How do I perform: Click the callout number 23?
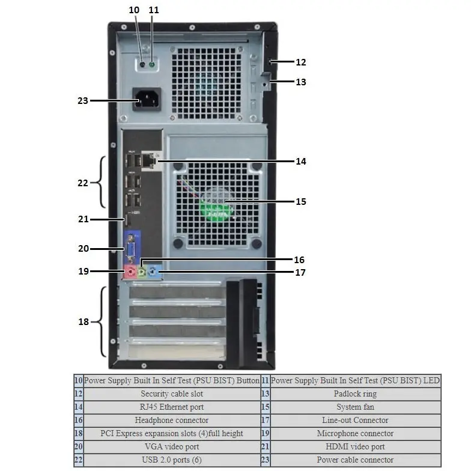click(x=83, y=100)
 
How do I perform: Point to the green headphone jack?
click(x=142, y=272)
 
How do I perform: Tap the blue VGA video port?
click(x=130, y=248)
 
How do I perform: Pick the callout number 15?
click(x=300, y=201)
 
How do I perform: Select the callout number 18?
click(x=83, y=321)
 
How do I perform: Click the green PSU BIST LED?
click(x=153, y=63)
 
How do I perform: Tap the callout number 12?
click(x=300, y=61)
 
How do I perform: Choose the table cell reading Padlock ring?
click(x=355, y=394)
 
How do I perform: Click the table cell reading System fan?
click(x=355, y=407)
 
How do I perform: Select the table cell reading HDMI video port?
click(x=355, y=447)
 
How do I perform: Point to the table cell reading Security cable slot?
click(x=172, y=394)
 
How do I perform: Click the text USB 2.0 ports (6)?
click(x=172, y=460)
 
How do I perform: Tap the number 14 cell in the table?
click(x=78, y=407)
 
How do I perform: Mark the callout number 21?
click(x=83, y=219)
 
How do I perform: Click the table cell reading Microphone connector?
click(x=355, y=434)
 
